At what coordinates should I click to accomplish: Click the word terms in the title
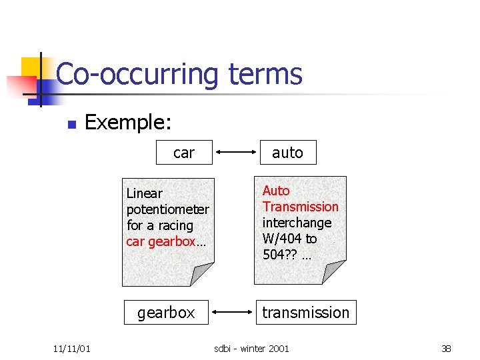265,74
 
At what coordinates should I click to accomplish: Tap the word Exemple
128,122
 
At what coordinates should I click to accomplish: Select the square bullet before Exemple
73,124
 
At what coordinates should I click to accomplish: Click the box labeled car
184,153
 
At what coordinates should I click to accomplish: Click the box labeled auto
287,153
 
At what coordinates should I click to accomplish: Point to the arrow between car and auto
236,153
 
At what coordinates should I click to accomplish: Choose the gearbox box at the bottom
166,312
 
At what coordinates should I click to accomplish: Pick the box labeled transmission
305,312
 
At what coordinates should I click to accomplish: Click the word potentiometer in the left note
167,209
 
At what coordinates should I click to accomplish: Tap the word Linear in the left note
144,193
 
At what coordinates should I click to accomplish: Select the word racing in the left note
176,225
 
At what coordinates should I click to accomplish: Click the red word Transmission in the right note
300,207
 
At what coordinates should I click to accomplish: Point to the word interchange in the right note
297,223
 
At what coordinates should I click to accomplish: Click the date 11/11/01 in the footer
72,348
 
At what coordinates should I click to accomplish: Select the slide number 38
446,348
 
